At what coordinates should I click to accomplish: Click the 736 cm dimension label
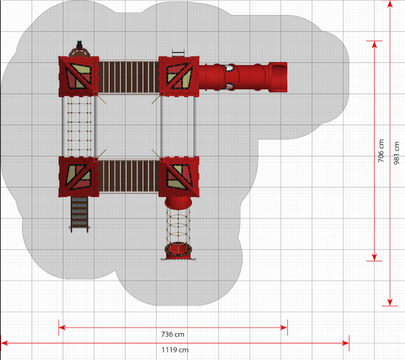(173, 335)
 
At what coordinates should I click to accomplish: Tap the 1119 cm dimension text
(175, 350)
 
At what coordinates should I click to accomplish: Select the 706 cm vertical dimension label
(381, 151)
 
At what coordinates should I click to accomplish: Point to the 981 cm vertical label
(396, 153)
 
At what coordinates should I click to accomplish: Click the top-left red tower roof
(78, 76)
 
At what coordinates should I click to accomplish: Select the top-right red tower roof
(179, 76)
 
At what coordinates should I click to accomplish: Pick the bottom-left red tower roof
(78, 177)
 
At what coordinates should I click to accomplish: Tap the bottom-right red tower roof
(179, 177)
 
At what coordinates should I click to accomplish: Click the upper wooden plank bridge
(129, 77)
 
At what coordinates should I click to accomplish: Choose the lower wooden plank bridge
(129, 176)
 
